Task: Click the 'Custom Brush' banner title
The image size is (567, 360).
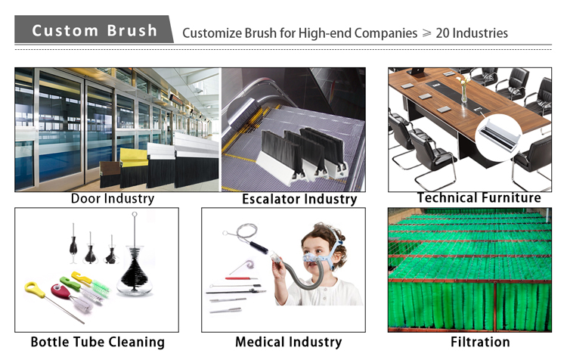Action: click(x=94, y=30)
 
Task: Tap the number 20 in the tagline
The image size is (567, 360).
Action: click(x=442, y=33)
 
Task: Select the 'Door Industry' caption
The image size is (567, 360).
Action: click(x=113, y=199)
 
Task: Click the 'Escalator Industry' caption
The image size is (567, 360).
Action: click(x=299, y=199)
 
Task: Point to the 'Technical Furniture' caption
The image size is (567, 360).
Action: click(x=479, y=197)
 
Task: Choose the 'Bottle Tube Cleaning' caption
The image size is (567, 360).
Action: click(x=98, y=342)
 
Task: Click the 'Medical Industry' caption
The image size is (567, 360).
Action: click(x=289, y=342)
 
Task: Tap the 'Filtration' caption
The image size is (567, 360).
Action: click(x=480, y=342)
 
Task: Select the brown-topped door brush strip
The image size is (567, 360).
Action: click(x=110, y=174)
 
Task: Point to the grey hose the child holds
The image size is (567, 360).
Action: click(x=304, y=276)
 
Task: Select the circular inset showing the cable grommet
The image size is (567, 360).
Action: click(x=499, y=137)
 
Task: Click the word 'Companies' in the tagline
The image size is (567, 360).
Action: click(x=386, y=33)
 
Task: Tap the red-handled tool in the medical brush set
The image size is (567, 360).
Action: click(x=241, y=278)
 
